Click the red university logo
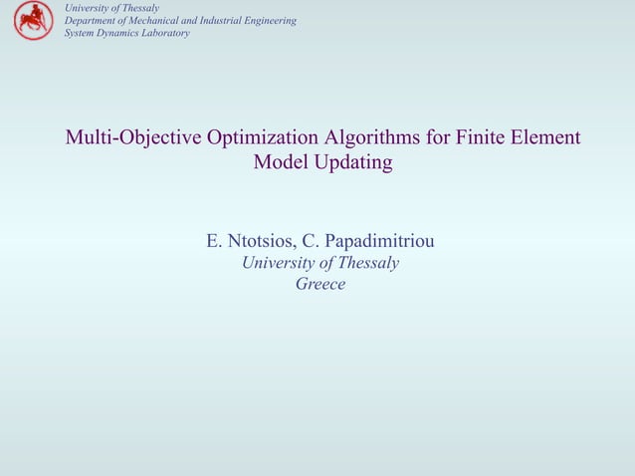tap(32, 20)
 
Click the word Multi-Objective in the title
tap(134, 137)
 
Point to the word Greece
tap(320, 285)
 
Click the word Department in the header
tap(91, 21)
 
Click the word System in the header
tap(80, 33)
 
